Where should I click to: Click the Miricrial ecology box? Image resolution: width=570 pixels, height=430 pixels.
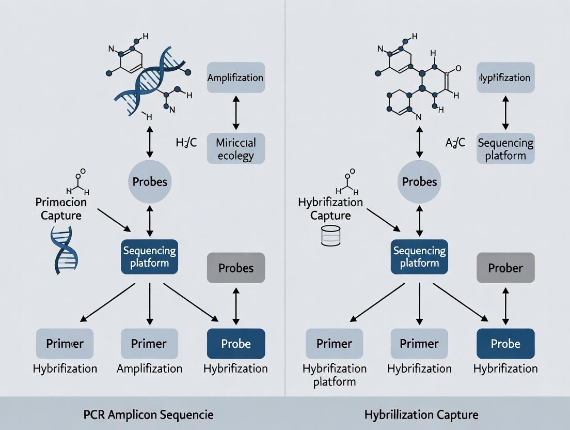(236, 149)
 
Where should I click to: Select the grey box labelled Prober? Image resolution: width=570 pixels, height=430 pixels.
(505, 268)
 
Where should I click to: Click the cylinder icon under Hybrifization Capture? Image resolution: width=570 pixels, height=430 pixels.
(330, 235)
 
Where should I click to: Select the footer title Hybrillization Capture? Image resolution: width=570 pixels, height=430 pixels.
(421, 414)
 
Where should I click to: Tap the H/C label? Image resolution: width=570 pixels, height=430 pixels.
(186, 143)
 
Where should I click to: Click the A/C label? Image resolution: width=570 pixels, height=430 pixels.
(455, 143)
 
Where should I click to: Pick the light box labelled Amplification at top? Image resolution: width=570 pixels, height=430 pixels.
(236, 78)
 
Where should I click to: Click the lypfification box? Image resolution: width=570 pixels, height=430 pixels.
(505, 78)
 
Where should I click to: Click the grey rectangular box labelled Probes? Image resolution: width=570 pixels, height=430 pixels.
(236, 268)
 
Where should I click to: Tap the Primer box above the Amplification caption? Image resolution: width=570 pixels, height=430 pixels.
(149, 344)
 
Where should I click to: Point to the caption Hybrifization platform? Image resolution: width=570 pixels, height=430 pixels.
(335, 375)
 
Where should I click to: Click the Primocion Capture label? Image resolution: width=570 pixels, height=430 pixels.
(61, 208)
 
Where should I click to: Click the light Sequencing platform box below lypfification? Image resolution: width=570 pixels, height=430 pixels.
(505, 149)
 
